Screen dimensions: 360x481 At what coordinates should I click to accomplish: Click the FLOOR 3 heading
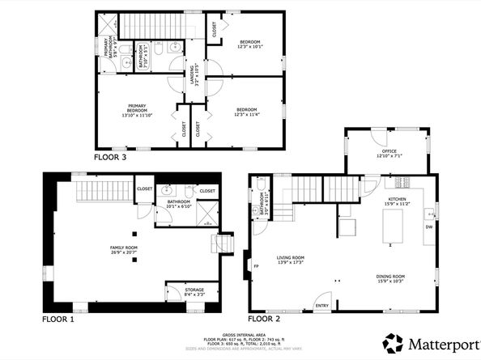coord(110,158)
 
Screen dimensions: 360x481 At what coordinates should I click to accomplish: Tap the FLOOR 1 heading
coord(57,319)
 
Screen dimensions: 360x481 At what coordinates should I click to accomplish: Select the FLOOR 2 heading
coord(264,319)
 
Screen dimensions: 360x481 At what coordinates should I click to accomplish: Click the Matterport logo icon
coord(394,342)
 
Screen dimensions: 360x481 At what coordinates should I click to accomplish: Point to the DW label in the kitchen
coord(428,227)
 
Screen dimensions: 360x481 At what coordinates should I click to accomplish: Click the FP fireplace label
coord(257,266)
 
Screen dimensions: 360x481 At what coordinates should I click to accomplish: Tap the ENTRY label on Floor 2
coord(321,305)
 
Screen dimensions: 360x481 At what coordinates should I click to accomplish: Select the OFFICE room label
coord(389,153)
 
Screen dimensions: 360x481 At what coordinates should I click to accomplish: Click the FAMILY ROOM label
coord(124,249)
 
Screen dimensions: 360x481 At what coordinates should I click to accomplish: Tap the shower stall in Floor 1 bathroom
coord(207,213)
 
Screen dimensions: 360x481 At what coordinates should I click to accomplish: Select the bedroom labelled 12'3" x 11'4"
coord(246,112)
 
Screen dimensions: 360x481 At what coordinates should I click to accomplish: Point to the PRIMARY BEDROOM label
coord(137,110)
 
